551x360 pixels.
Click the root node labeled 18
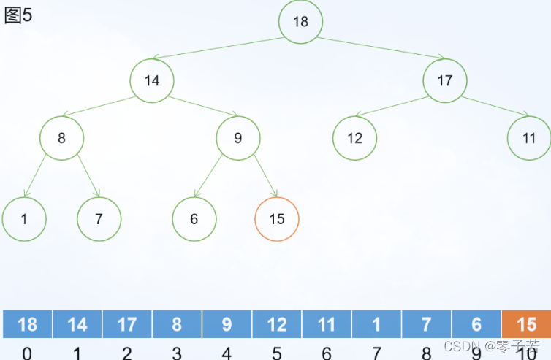[300, 21]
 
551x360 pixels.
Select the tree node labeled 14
[152, 80]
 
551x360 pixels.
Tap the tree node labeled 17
[445, 80]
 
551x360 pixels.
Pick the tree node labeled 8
[61, 137]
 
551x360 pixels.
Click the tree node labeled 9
[237, 137]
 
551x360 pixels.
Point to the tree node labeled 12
[354, 137]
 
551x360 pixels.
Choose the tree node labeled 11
[529, 137]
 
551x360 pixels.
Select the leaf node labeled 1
[24, 218]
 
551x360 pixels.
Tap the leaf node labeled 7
[99, 218]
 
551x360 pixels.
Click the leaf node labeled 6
[194, 218]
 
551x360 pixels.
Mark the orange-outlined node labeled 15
[277, 218]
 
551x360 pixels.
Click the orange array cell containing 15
[526, 324]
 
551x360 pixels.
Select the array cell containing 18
[27, 324]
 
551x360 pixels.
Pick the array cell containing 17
[127, 324]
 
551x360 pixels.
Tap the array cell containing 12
[276, 324]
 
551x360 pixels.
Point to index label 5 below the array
[276, 353]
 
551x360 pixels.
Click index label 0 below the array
[27, 353]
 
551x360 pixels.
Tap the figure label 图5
[18, 15]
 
